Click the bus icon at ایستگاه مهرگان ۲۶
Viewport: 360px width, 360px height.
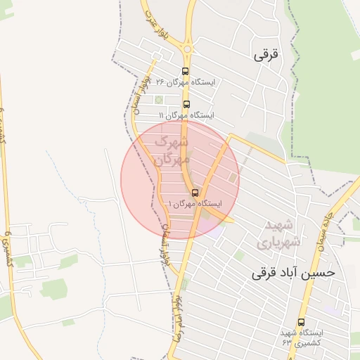pyautogui.click(x=185, y=71)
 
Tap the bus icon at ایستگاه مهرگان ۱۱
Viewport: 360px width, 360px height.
pyautogui.click(x=185, y=104)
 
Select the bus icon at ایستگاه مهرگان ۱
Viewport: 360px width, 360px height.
pyautogui.click(x=195, y=193)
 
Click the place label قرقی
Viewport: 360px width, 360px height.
pyautogui.click(x=267, y=54)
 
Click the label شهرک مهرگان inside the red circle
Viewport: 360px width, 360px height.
pyautogui.click(x=172, y=150)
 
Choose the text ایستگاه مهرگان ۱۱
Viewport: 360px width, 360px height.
pyautogui.click(x=186, y=115)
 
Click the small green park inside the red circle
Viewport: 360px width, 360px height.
pyautogui.click(x=231, y=178)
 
